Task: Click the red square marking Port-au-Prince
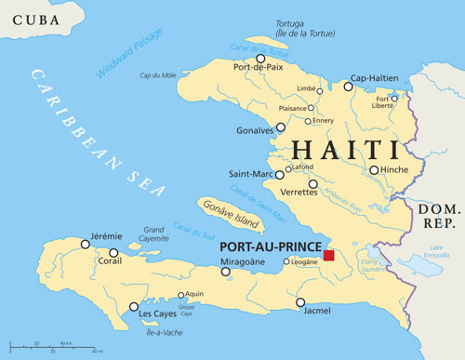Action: (x=327, y=255)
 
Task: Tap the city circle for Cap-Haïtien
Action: (x=348, y=87)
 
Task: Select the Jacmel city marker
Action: (x=300, y=302)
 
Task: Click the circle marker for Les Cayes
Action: (x=134, y=306)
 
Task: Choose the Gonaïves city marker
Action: (x=281, y=127)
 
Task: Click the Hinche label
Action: (x=395, y=170)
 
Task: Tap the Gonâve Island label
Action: (x=233, y=215)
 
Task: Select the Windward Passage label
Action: (x=129, y=52)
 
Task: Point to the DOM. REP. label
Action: (x=438, y=216)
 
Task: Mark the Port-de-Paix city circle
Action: (x=260, y=58)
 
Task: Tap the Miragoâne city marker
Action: (x=225, y=272)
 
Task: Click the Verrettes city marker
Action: (x=312, y=184)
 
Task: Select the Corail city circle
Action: (x=113, y=252)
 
